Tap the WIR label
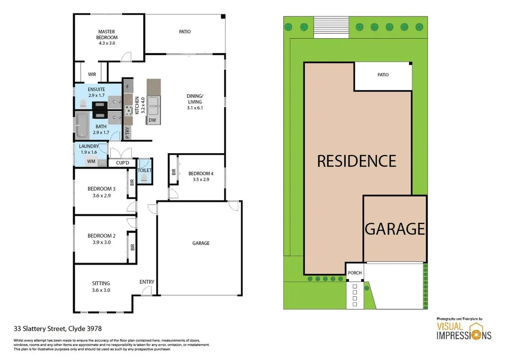click(92, 74)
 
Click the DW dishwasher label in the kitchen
click(152, 120)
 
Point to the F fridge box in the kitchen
click(128, 87)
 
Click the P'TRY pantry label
click(128, 133)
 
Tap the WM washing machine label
click(91, 162)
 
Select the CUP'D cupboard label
click(122, 163)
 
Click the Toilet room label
click(145, 171)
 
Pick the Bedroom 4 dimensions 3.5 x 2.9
click(201, 180)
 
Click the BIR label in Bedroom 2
click(132, 247)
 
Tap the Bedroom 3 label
click(101, 189)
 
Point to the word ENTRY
click(147, 282)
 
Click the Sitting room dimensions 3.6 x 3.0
click(101, 290)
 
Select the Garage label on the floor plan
click(201, 243)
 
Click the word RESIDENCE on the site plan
click(356, 161)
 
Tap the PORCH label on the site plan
click(354, 272)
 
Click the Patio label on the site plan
click(383, 75)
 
